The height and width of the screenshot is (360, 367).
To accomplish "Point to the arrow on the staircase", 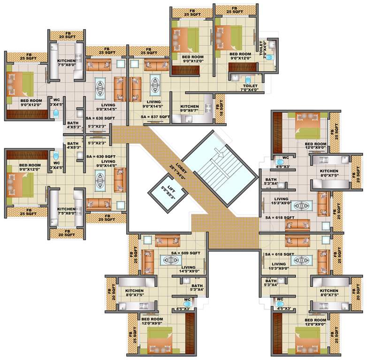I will (217, 151).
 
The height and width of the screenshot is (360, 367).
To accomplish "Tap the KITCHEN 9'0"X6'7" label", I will (190, 109).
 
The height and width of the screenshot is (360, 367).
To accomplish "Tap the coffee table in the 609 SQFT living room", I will (169, 259).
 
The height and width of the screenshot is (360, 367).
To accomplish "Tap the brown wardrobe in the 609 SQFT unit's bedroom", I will (190, 333).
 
